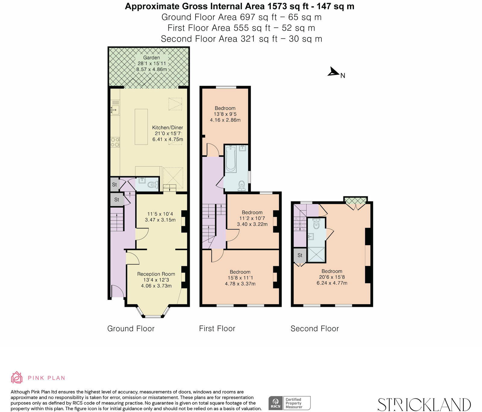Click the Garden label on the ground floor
tap(152, 58)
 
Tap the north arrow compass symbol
tap(333, 72)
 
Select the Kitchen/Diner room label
tap(167, 127)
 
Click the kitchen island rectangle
tap(141, 126)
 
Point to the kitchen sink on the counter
tap(115, 110)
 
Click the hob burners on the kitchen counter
tap(115, 142)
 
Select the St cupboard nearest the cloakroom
tap(114, 185)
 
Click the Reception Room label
tap(156, 274)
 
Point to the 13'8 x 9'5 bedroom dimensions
tap(225, 114)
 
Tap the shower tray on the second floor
tap(316, 255)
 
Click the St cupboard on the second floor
tap(300, 255)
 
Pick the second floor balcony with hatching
tap(356, 200)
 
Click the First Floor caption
tap(217, 329)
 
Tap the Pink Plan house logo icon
tap(17, 377)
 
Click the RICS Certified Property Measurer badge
tap(289, 403)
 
